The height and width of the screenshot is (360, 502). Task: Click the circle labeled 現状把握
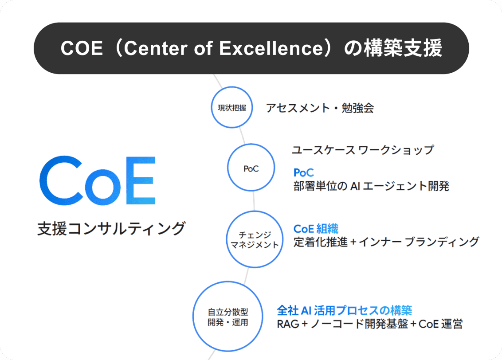[231, 107]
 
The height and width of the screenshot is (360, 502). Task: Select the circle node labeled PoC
[251, 168]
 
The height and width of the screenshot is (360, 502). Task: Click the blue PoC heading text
[303, 172]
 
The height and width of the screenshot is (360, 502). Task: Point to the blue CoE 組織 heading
[316, 229]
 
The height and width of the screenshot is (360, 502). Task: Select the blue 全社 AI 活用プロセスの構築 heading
[345, 310]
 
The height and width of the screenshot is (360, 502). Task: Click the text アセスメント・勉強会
[320, 108]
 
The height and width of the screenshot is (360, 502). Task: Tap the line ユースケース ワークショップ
[362, 150]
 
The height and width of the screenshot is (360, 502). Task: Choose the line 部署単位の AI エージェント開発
[371, 186]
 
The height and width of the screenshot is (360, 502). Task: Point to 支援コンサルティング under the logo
[111, 229]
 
